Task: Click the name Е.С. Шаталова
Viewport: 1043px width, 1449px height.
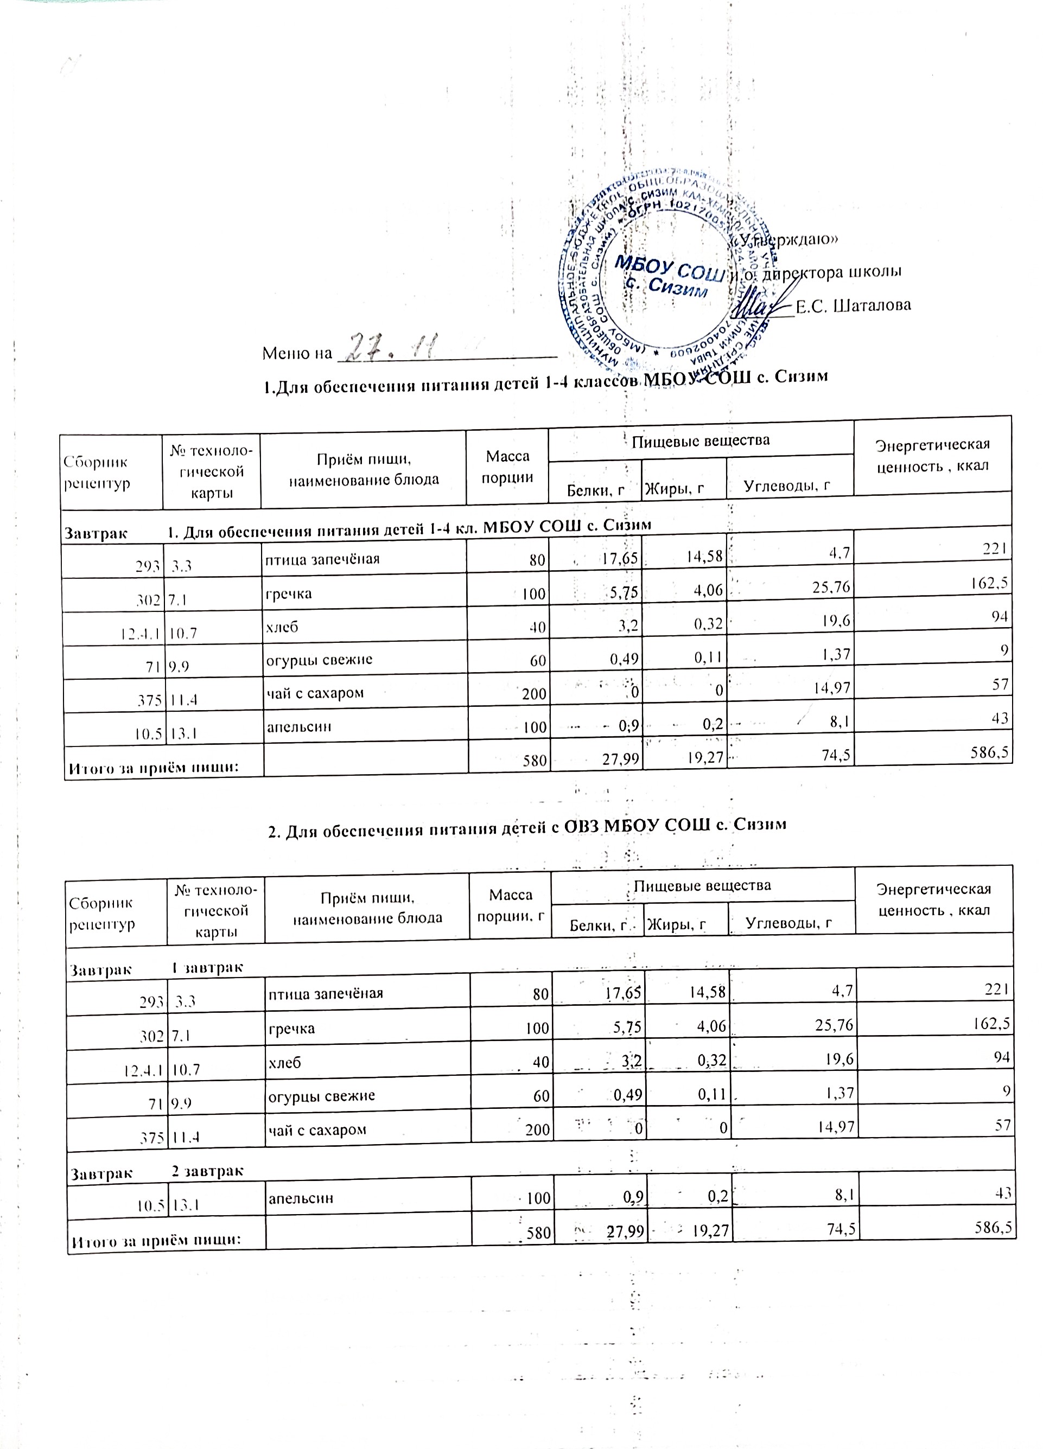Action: click(x=853, y=305)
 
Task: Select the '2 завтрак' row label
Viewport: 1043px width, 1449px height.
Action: click(x=207, y=1171)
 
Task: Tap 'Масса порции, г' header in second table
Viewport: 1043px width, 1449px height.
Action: click(x=510, y=905)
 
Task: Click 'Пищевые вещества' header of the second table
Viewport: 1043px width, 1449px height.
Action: click(x=702, y=885)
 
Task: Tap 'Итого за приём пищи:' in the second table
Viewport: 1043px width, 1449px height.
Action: click(x=156, y=1240)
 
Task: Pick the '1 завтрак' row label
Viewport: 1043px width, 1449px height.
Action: click(x=207, y=967)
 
